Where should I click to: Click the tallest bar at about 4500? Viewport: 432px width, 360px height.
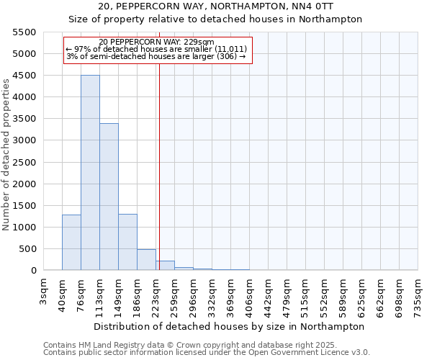(90, 173)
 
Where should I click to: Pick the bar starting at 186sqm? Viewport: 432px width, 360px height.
(146, 260)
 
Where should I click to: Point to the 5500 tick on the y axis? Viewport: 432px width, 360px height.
(24, 32)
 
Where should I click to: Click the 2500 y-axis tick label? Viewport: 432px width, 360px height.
(24, 163)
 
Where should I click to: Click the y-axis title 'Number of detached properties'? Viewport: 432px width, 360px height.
(7, 151)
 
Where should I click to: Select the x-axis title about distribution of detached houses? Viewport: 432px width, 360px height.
(229, 326)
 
